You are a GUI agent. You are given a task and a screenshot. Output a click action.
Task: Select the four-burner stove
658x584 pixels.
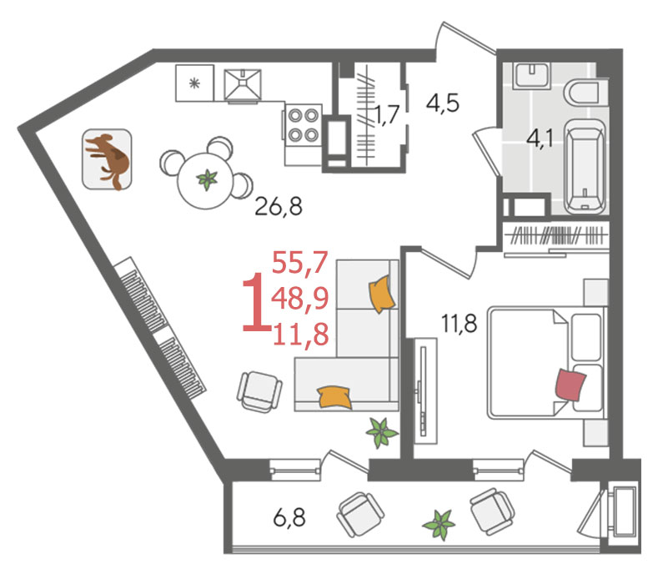pos(303,124)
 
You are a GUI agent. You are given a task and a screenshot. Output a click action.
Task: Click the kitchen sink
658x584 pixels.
pos(243,86)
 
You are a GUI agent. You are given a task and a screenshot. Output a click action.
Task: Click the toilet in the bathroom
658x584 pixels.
pos(581,93)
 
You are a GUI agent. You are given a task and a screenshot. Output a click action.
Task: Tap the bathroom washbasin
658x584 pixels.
pos(532,75)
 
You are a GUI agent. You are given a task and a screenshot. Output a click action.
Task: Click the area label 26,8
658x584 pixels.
pos(279,206)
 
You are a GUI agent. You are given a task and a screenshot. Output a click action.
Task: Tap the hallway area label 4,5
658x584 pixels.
pos(443,103)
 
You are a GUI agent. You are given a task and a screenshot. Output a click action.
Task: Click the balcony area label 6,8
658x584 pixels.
pos(289,517)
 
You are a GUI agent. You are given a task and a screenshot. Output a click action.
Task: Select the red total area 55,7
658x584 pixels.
pos(299,262)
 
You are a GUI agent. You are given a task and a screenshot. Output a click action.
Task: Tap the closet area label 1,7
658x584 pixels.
pos(385,115)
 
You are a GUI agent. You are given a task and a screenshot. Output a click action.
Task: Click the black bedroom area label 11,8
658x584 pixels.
pos(459,324)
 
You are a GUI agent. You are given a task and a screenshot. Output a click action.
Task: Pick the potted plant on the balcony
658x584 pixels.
pos(439,524)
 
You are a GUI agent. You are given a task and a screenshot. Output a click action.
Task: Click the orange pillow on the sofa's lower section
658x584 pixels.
pos(334,397)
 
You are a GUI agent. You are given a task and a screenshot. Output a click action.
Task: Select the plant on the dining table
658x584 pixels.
pos(208,179)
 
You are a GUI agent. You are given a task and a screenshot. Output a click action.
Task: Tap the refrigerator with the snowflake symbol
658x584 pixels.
pos(194,83)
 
